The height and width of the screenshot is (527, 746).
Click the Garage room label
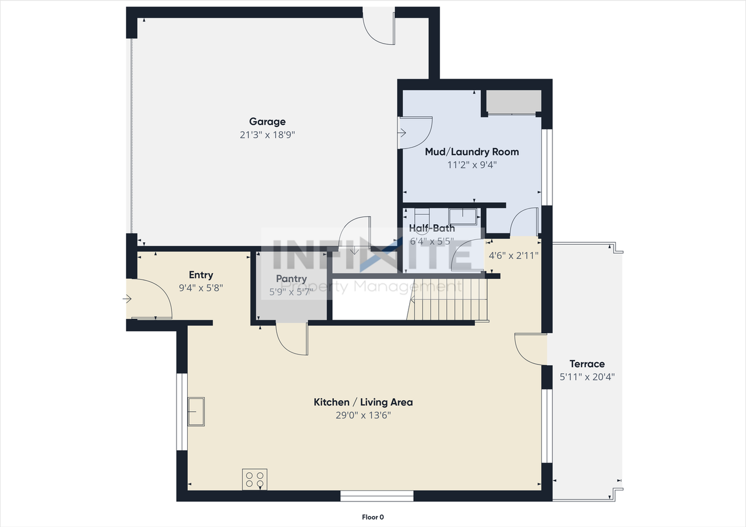coord(268,122)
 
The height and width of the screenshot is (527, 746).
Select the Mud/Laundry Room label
coord(471,151)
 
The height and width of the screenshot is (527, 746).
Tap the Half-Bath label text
coord(432,228)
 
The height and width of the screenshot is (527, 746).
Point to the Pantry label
coord(291,279)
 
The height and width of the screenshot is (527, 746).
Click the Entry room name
coord(201,275)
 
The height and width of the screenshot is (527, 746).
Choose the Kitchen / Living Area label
coord(363,402)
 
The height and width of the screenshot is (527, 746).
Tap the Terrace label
coord(587,364)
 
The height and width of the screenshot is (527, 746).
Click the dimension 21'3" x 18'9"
coord(268,135)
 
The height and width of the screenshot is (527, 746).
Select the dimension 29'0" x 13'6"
coord(363,415)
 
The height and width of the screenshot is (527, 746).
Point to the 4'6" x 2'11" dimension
coord(513,255)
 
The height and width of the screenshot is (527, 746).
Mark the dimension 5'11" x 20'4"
coord(587,377)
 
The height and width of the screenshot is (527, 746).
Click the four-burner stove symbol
coord(255,479)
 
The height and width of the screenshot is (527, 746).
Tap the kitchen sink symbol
coord(196,412)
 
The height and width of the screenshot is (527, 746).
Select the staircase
coord(449,300)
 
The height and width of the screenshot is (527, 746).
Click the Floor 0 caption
coord(373,517)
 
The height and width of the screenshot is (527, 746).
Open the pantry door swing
coord(291,339)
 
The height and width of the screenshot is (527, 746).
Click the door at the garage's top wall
coord(379,27)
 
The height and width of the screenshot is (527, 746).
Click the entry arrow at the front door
coord(128,299)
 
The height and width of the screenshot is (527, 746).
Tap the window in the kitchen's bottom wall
coord(376,496)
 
